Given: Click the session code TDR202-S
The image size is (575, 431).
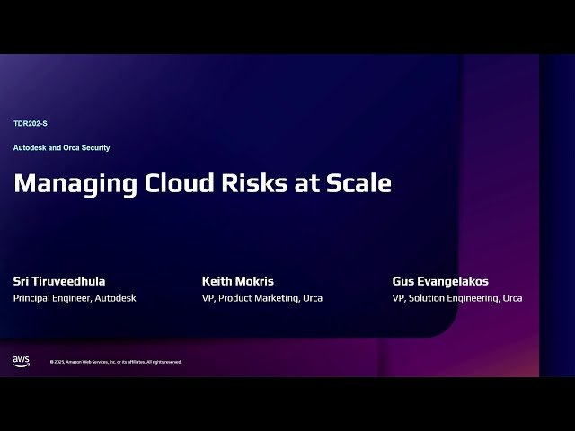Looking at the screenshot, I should tap(31, 123).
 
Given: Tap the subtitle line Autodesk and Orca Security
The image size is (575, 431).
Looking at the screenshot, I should tap(61, 147).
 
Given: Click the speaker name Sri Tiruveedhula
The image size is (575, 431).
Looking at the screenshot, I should tap(59, 281).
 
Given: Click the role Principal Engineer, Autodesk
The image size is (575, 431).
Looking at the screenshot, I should tap(75, 298).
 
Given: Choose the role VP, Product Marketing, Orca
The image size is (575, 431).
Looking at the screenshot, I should tap(262, 298).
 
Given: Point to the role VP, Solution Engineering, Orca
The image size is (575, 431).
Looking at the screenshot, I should tap(457, 298).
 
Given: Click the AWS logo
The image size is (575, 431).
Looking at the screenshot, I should tap(21, 361).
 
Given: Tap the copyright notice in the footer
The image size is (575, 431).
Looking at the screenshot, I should tap(116, 362).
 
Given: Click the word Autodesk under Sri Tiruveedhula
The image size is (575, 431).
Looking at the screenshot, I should tap(115, 298).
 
